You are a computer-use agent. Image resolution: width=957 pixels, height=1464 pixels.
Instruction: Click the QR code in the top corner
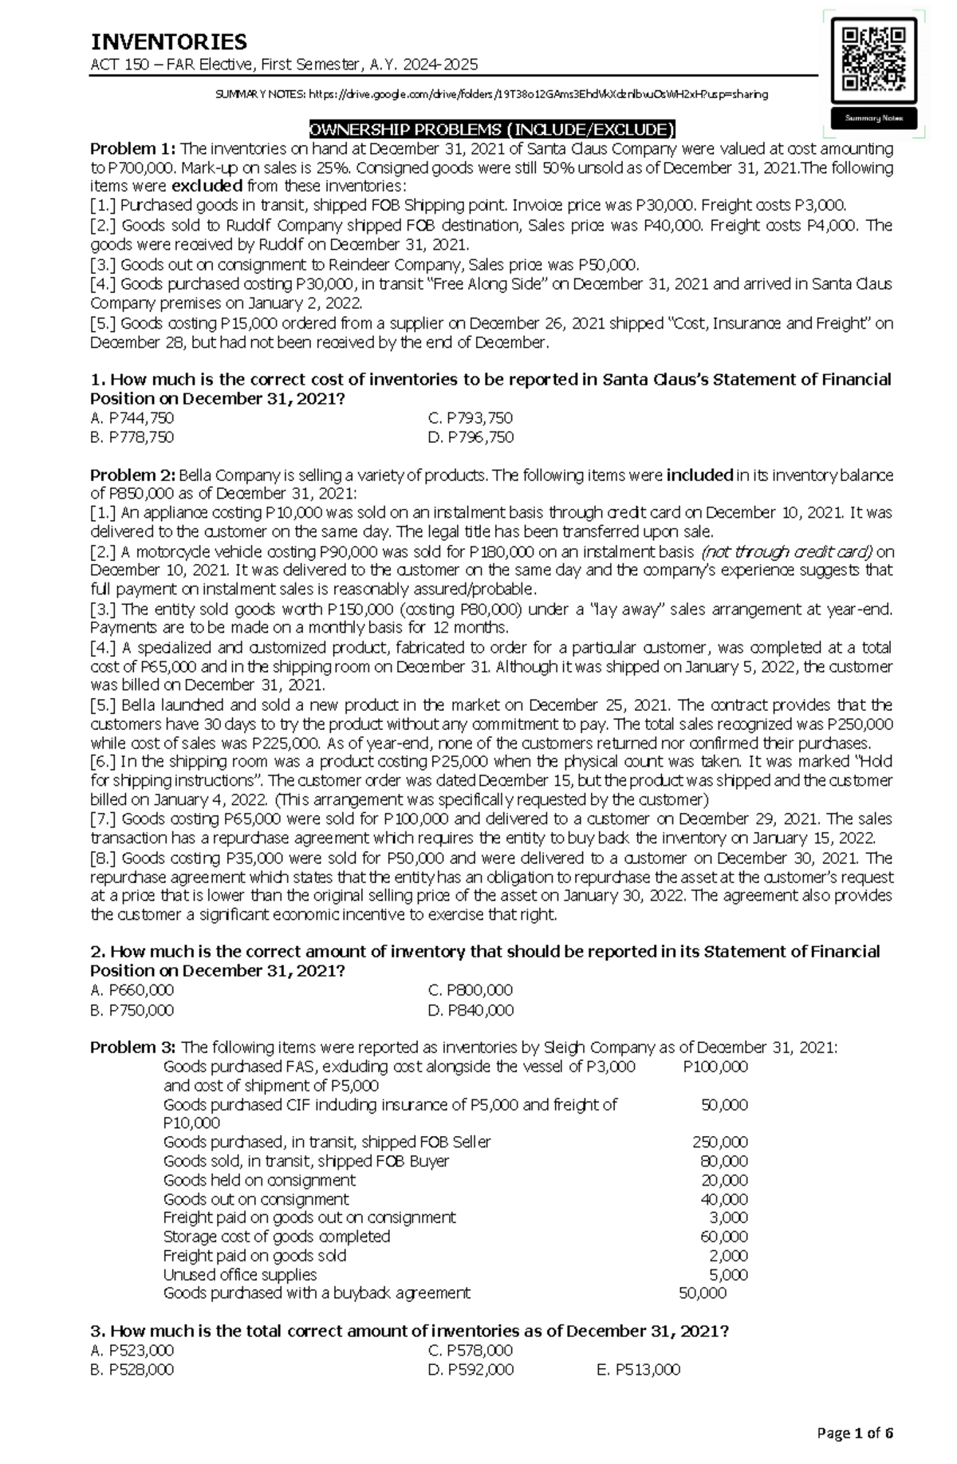(874, 59)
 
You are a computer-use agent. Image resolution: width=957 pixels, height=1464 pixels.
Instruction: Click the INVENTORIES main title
(168, 41)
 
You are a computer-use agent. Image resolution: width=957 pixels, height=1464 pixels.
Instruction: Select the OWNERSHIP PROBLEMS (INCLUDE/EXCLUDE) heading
(492, 130)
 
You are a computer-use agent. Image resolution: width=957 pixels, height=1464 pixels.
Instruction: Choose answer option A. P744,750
(132, 418)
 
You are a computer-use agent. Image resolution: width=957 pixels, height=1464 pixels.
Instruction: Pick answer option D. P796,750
(471, 437)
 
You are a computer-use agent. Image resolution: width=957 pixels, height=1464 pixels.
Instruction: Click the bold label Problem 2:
(132, 476)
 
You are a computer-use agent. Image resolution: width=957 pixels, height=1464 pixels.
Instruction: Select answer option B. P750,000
(132, 1010)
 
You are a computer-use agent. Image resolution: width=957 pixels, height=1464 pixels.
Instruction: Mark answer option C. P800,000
(471, 990)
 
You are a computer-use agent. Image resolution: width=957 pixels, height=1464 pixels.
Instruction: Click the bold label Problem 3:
(132, 1048)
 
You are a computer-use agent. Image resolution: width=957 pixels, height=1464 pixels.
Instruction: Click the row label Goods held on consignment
(259, 1180)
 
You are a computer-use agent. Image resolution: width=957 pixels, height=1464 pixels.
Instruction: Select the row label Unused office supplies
(240, 1275)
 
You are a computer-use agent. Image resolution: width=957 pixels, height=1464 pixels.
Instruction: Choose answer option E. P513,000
(638, 1370)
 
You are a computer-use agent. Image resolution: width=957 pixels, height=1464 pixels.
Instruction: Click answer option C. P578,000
(471, 1351)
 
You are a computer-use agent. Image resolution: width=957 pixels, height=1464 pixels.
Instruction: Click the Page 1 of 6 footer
(855, 1432)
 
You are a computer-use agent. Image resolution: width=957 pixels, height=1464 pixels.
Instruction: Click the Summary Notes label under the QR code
(874, 118)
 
